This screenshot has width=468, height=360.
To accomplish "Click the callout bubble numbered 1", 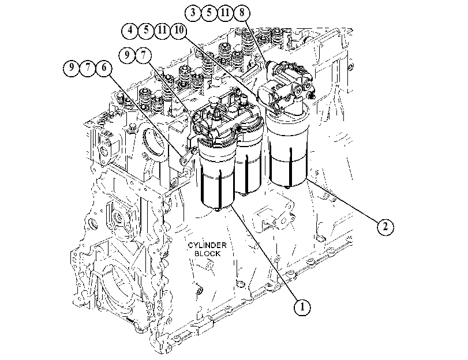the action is coord(302,307).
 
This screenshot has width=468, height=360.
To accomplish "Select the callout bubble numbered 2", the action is coord(385,227).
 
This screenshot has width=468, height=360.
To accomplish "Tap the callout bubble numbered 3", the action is coord(193,13).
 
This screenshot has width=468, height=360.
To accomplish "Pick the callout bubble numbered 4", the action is coord(130,30).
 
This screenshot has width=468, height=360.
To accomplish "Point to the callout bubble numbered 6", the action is coord(103,67).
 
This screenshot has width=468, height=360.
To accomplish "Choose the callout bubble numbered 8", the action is coord(241,13).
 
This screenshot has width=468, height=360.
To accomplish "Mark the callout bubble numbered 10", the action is coord(178,30).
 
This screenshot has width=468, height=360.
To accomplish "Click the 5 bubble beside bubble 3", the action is coord(209,13).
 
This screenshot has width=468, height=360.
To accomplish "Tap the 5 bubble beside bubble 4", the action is coord(146,30).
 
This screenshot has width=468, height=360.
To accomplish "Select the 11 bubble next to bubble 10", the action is coord(162,30).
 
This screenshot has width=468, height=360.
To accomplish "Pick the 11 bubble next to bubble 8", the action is coord(225,13).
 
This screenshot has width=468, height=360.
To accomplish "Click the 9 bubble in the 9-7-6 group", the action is coord(72,67).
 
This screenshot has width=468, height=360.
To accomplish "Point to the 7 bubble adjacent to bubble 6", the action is coord(88,67).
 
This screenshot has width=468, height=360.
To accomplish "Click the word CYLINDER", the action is coord(207,245).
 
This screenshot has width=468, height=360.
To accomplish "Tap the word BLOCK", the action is coord(207,254).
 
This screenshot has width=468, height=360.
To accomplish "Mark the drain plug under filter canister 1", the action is coord(217,210).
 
